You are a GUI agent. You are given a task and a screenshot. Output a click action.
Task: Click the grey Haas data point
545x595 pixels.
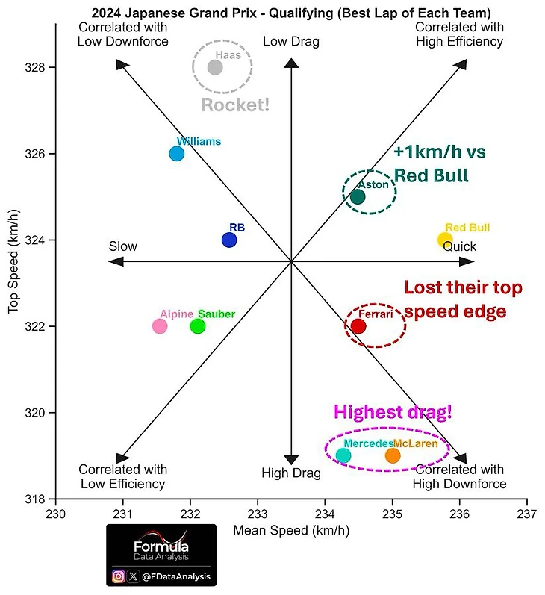click(x=215, y=67)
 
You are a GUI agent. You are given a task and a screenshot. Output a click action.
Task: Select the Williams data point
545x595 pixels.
click(x=177, y=154)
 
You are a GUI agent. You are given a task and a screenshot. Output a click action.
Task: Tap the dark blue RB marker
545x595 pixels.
click(x=229, y=240)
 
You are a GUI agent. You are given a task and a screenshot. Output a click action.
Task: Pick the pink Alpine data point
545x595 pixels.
click(x=160, y=326)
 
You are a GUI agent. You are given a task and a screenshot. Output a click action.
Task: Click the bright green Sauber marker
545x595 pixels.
click(x=198, y=326)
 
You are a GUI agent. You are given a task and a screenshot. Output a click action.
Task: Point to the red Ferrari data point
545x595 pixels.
click(x=358, y=326)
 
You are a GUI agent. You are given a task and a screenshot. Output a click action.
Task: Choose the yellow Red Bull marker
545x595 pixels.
click(x=445, y=240)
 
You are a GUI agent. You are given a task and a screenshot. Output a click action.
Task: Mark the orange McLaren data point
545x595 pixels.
click(x=393, y=455)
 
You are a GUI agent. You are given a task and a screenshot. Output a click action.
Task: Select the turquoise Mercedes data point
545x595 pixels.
click(x=343, y=455)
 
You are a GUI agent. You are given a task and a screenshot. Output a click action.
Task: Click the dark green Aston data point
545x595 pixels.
click(x=358, y=197)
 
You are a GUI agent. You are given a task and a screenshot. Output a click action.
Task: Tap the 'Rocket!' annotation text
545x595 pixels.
click(x=235, y=105)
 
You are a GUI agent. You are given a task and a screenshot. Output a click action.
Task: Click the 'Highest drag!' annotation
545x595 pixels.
click(x=393, y=412)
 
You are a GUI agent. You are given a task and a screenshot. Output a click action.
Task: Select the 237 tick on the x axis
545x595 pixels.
click(x=527, y=514)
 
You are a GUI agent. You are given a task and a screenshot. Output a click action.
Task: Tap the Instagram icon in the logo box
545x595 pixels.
click(x=118, y=576)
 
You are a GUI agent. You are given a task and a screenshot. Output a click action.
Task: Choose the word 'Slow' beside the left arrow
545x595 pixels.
click(x=123, y=246)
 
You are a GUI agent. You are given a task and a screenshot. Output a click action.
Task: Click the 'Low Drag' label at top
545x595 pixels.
click(x=291, y=42)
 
